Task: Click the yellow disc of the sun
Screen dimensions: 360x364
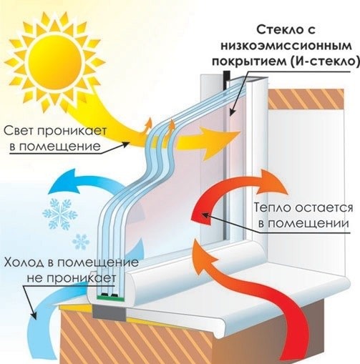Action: [54, 62]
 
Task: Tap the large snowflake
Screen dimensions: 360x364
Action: [60, 214]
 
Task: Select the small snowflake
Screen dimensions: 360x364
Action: [81, 242]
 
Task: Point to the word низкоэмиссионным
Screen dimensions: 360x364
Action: [286, 46]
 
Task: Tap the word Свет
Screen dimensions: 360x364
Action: [19, 131]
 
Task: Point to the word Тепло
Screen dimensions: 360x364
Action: [272, 207]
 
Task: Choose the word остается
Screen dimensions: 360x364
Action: [323, 207]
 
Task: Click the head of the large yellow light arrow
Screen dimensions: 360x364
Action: [220, 143]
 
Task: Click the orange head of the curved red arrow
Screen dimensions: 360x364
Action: [272, 182]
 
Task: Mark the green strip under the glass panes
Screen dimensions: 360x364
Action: [111, 297]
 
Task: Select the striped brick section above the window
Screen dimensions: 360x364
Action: [306, 99]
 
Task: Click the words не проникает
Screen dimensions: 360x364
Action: [72, 278]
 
